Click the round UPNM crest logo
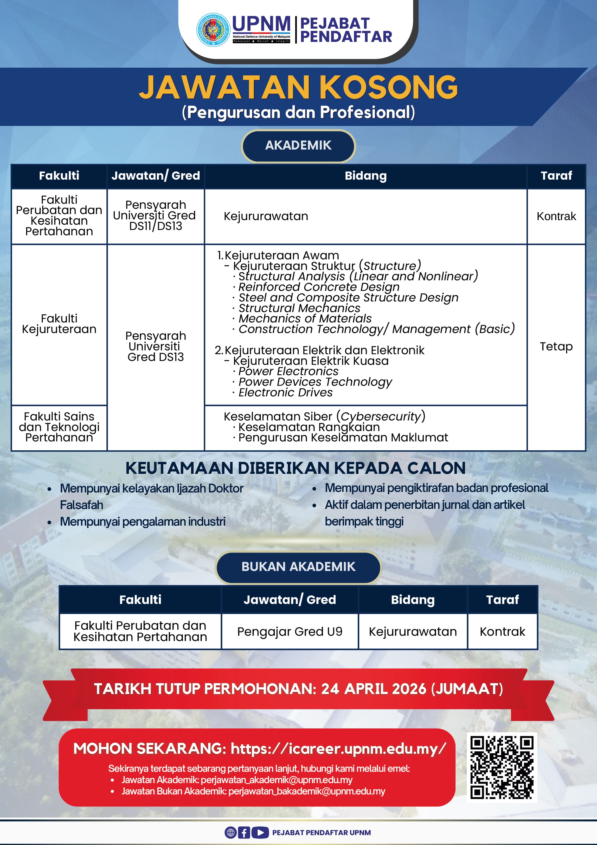tap(213, 30)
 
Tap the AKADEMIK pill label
tap(298, 145)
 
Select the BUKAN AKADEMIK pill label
tap(298, 566)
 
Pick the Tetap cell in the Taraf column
tap(556, 346)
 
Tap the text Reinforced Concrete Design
tap(319, 287)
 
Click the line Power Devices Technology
tap(315, 382)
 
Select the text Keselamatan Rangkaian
tap(309, 427)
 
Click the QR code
tap(501, 767)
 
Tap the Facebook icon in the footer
tap(244, 832)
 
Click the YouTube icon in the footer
tap(260, 832)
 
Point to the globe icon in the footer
tap(231, 832)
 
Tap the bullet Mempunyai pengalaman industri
tap(142, 522)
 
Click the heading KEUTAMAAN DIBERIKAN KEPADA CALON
tap(295, 468)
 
